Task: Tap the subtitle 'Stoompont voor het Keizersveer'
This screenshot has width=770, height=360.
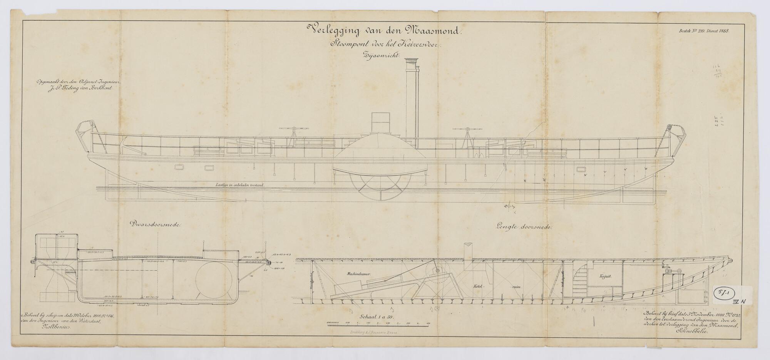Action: tap(385, 45)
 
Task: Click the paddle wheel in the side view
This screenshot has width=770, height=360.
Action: tap(379, 188)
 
